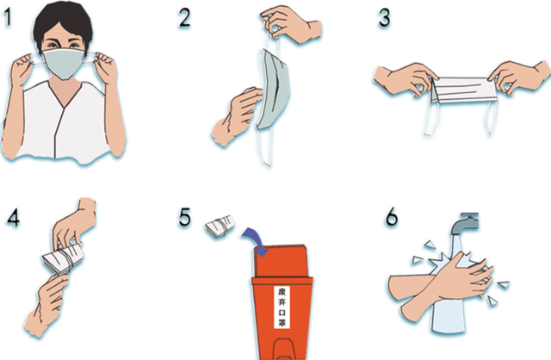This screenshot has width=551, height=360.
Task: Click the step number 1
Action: [7, 17]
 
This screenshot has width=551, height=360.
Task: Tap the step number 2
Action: [184, 17]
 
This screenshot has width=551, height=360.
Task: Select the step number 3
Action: [384, 17]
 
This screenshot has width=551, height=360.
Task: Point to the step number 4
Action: [14, 218]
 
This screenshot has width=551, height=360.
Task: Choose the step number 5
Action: [184, 217]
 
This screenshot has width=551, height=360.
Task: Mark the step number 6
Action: [392, 217]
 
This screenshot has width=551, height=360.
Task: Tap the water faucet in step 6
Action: [464, 223]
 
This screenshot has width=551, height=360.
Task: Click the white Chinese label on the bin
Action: [282, 307]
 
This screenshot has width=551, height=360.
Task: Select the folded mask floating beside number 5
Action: [220, 226]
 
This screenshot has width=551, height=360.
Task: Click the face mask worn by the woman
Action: [64, 63]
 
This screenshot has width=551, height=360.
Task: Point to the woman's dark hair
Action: [63, 22]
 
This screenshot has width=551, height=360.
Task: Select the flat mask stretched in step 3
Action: [464, 90]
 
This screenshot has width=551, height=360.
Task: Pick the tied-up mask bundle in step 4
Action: [63, 259]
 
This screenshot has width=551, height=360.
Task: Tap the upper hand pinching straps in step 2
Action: [290, 23]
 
